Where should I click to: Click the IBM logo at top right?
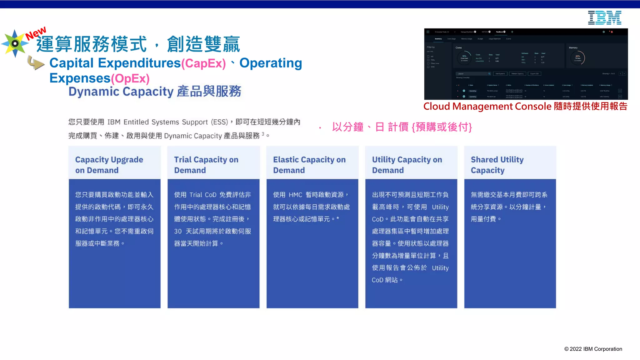click(x=604, y=18)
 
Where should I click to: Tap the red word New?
click(x=36, y=33)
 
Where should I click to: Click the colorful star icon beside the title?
click(x=15, y=43)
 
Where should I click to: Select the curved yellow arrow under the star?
click(x=35, y=63)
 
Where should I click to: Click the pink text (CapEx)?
click(x=203, y=63)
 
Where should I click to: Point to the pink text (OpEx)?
click(x=130, y=78)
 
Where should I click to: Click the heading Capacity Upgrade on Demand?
click(x=109, y=165)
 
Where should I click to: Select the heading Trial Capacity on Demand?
click(x=206, y=165)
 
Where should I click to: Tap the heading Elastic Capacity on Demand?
click(x=309, y=165)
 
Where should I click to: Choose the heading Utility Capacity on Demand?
click(x=407, y=165)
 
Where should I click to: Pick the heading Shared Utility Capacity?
click(x=497, y=165)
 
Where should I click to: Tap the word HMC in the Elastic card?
click(x=295, y=195)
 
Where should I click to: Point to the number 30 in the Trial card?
click(x=178, y=231)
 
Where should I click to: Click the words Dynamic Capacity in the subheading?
click(x=121, y=92)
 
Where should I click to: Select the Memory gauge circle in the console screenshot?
click(x=577, y=58)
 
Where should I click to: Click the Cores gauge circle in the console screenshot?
click(x=464, y=58)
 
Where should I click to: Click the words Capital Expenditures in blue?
click(x=115, y=63)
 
